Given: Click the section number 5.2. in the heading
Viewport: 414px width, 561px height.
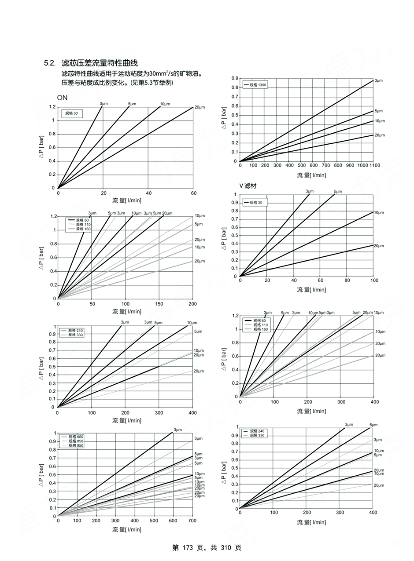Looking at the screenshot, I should pos(49,63).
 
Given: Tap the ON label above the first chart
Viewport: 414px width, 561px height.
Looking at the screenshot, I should pos(62,98).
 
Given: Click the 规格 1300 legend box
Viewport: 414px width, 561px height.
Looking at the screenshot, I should pos(255,85).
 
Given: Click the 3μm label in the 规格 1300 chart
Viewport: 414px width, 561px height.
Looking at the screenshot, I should pos(378,81).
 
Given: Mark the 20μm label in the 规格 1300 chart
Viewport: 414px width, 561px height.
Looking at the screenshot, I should pos(379,135).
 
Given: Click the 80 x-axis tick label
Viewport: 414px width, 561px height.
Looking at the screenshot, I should pos(347,280).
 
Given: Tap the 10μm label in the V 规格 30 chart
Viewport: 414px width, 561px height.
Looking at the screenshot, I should pos(379,213).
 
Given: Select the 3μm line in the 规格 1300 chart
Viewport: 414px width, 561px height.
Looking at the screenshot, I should pos(308,120).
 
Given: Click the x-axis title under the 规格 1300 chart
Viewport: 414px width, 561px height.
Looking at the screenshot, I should pos(311,175).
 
